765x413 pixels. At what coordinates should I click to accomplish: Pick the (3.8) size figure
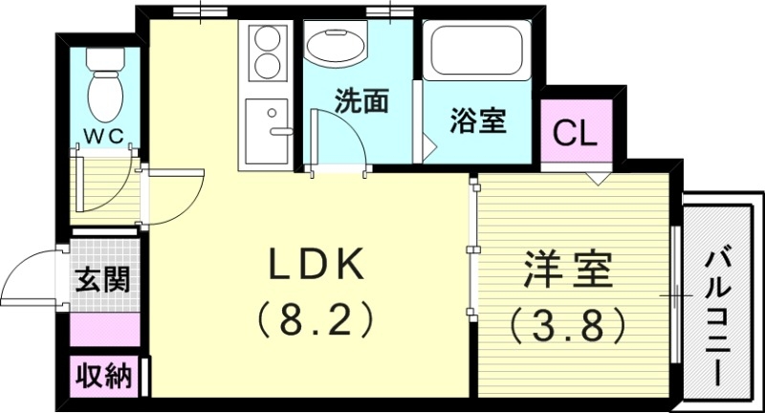point(568,324)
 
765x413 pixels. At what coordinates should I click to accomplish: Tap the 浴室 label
point(478,121)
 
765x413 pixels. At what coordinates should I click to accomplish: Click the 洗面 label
point(361,101)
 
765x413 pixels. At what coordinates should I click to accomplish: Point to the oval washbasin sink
point(334,46)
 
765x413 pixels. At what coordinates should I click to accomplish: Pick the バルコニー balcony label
point(717,305)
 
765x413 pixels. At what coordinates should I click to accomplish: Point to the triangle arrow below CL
point(598,178)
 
